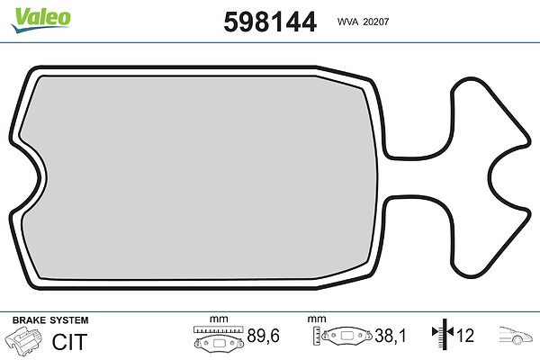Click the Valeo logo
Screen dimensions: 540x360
point(41,20)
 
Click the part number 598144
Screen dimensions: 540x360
point(270,22)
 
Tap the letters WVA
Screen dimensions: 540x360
point(347,22)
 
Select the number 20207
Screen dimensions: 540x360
point(376,22)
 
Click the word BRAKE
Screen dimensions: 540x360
point(29,320)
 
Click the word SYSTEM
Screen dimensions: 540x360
point(69,320)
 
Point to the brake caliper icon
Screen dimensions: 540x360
point(23,339)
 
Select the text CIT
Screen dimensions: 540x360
point(69,342)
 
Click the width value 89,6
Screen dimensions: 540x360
point(264,336)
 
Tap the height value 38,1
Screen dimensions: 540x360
point(391,336)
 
